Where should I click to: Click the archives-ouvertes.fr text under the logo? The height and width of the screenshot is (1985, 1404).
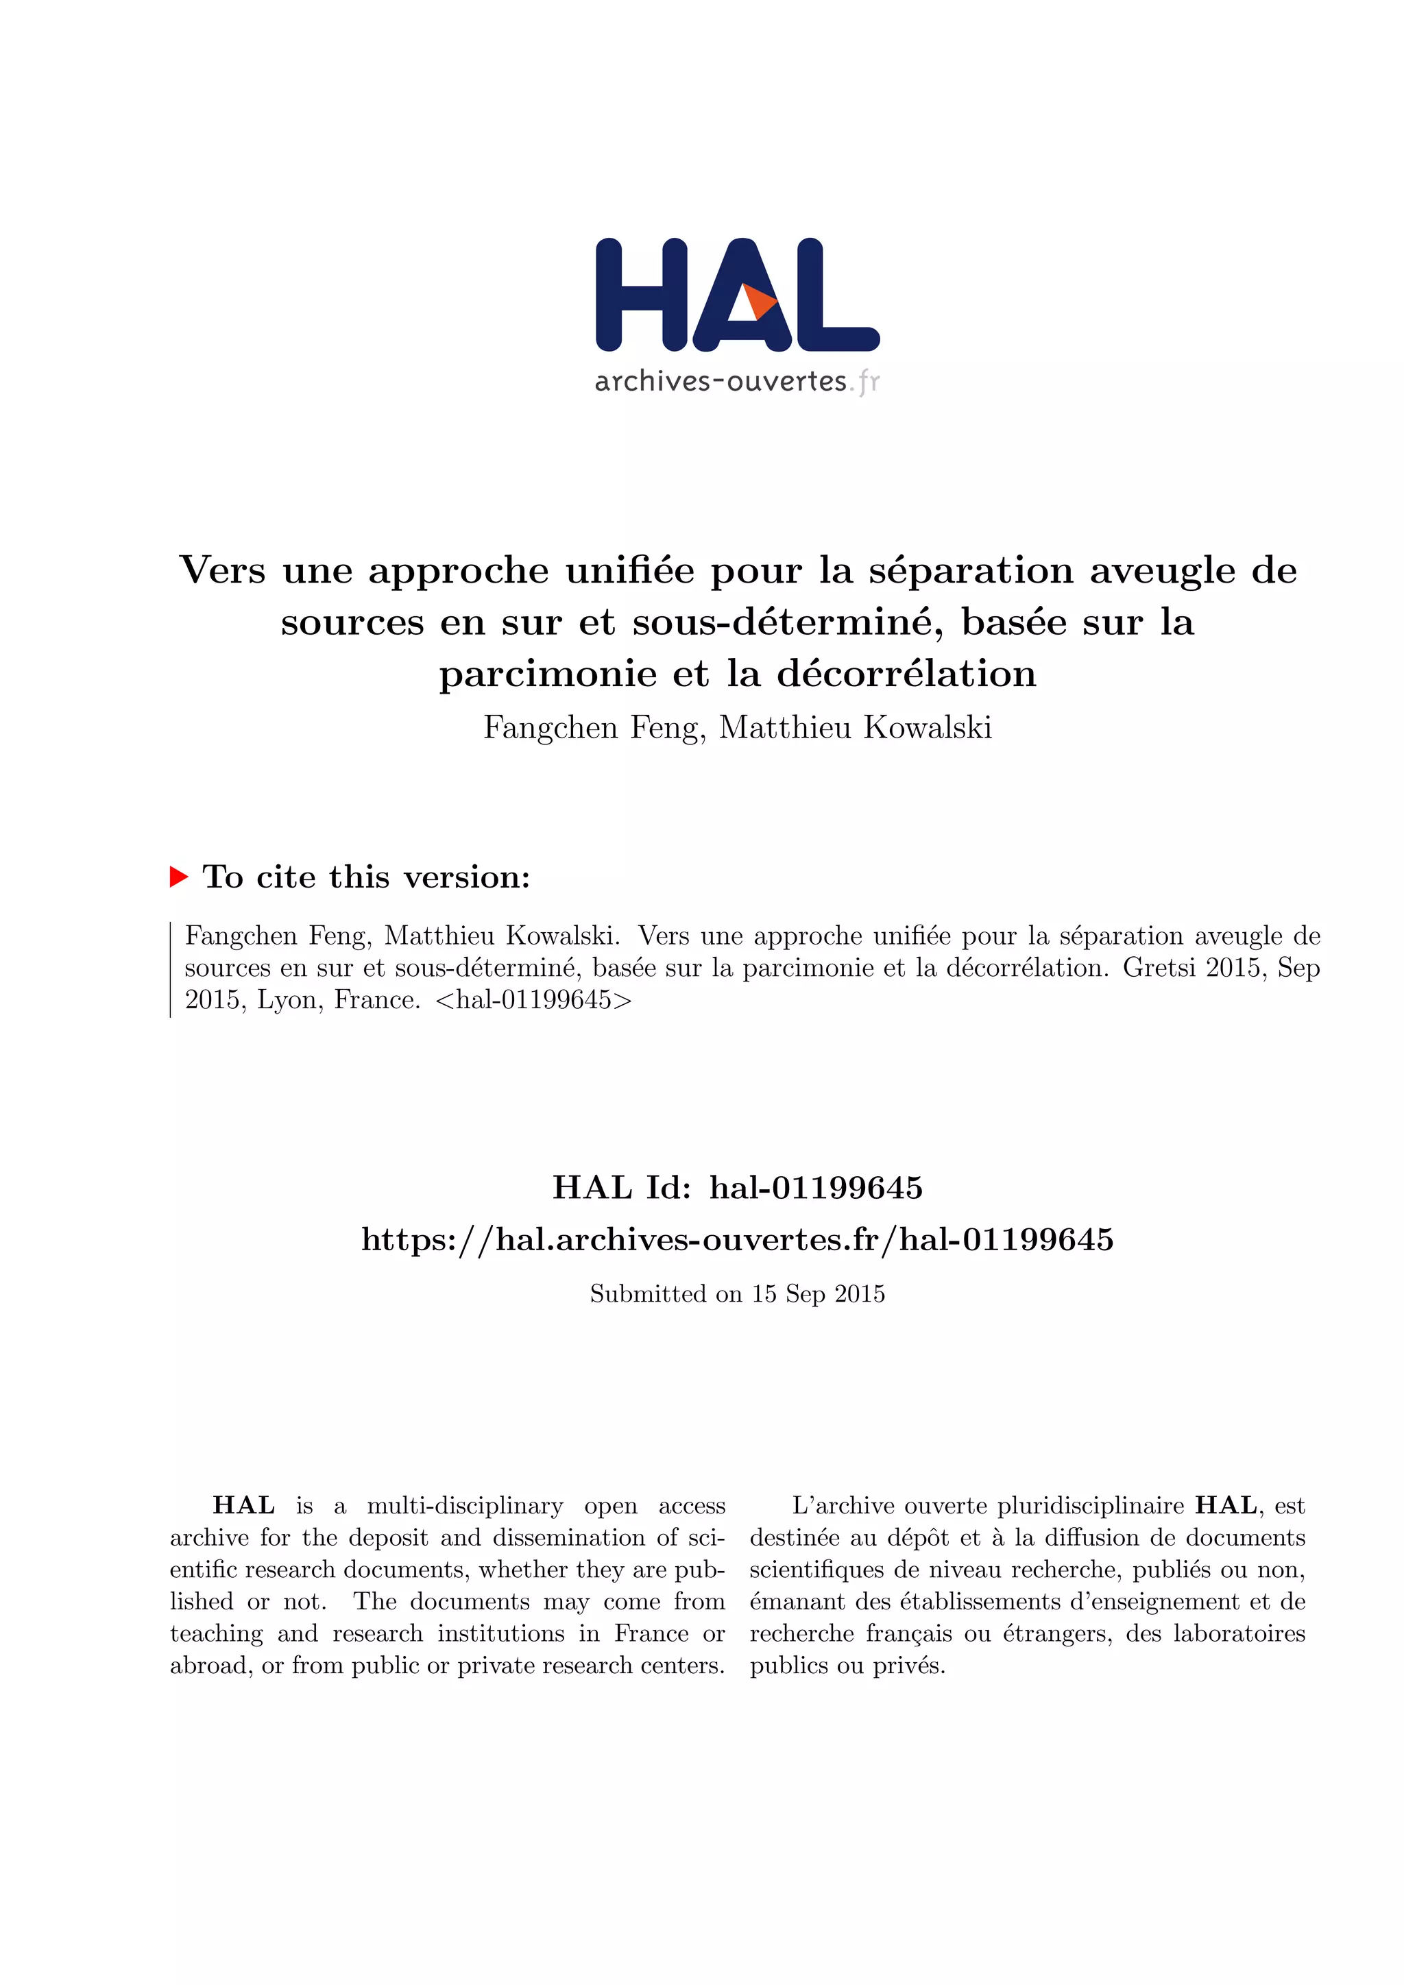tap(736, 381)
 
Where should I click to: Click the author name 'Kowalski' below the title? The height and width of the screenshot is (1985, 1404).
tap(928, 728)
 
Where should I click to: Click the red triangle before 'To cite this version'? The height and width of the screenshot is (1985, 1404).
tap(179, 877)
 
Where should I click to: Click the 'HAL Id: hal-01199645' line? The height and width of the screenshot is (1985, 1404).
tap(738, 1188)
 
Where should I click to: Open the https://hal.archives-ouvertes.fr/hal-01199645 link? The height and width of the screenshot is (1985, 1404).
tap(738, 1240)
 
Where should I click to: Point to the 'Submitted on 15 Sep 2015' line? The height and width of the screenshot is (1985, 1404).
tap(738, 1294)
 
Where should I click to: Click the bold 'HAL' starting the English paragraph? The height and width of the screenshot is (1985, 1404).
tap(244, 1505)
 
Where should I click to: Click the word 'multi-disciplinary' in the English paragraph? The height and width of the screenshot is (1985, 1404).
tap(464, 1505)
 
